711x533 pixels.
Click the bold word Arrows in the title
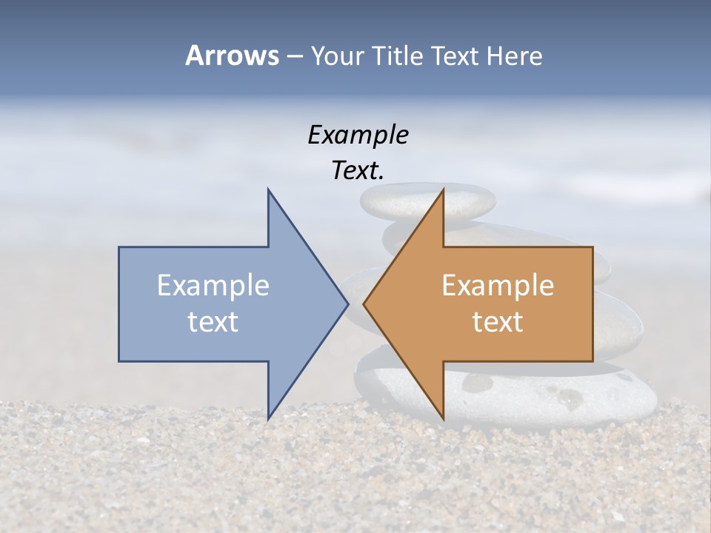click(233, 56)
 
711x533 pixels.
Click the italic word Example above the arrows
click(358, 135)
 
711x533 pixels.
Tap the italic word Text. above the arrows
click(358, 171)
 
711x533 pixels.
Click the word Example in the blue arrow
click(213, 286)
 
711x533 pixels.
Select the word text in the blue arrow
click(213, 321)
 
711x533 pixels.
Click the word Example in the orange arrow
click(498, 286)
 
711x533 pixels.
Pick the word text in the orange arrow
click(498, 321)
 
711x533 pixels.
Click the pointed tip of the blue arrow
click(347, 304)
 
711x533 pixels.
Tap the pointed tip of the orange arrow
click(364, 304)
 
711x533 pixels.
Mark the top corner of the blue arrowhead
click(268, 190)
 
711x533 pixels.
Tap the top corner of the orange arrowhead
click(443, 190)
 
